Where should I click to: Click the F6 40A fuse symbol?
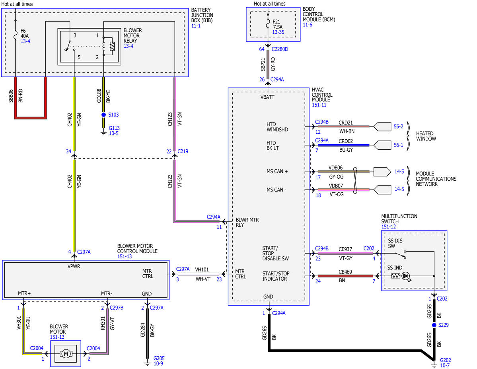point(16,35)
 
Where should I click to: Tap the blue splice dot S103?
point(103,115)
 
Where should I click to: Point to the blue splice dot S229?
point(434,325)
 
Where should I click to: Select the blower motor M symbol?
point(66,354)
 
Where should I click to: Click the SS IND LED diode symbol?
point(405,276)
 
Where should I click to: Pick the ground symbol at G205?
point(147,363)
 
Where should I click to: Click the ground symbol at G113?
point(103,133)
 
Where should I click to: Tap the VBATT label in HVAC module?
point(267,97)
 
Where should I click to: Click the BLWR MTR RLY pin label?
point(247,222)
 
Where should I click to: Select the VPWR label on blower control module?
point(74,266)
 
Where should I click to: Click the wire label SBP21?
point(263,64)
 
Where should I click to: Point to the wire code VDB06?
point(335,168)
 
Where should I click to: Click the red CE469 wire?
point(345,276)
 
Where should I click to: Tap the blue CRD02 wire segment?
point(343,146)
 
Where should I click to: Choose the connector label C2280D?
point(280,49)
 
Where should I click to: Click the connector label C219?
point(183,151)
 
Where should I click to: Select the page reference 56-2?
point(399,126)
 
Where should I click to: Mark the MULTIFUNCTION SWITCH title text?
point(399,219)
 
